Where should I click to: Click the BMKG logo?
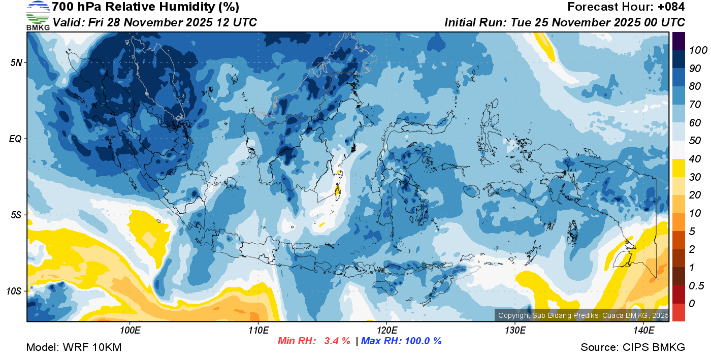[38, 16]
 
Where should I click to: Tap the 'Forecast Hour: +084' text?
[626, 7]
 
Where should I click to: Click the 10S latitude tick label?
[14, 291]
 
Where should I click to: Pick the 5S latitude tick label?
[15, 215]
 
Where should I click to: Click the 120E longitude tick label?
[386, 331]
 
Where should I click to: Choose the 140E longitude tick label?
[643, 331]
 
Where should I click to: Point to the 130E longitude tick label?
[515, 331]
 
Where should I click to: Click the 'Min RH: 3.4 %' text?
[314, 341]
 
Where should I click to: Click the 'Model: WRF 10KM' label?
[73, 348]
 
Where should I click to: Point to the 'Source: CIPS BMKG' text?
[633, 348]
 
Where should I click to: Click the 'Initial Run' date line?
[565, 22]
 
